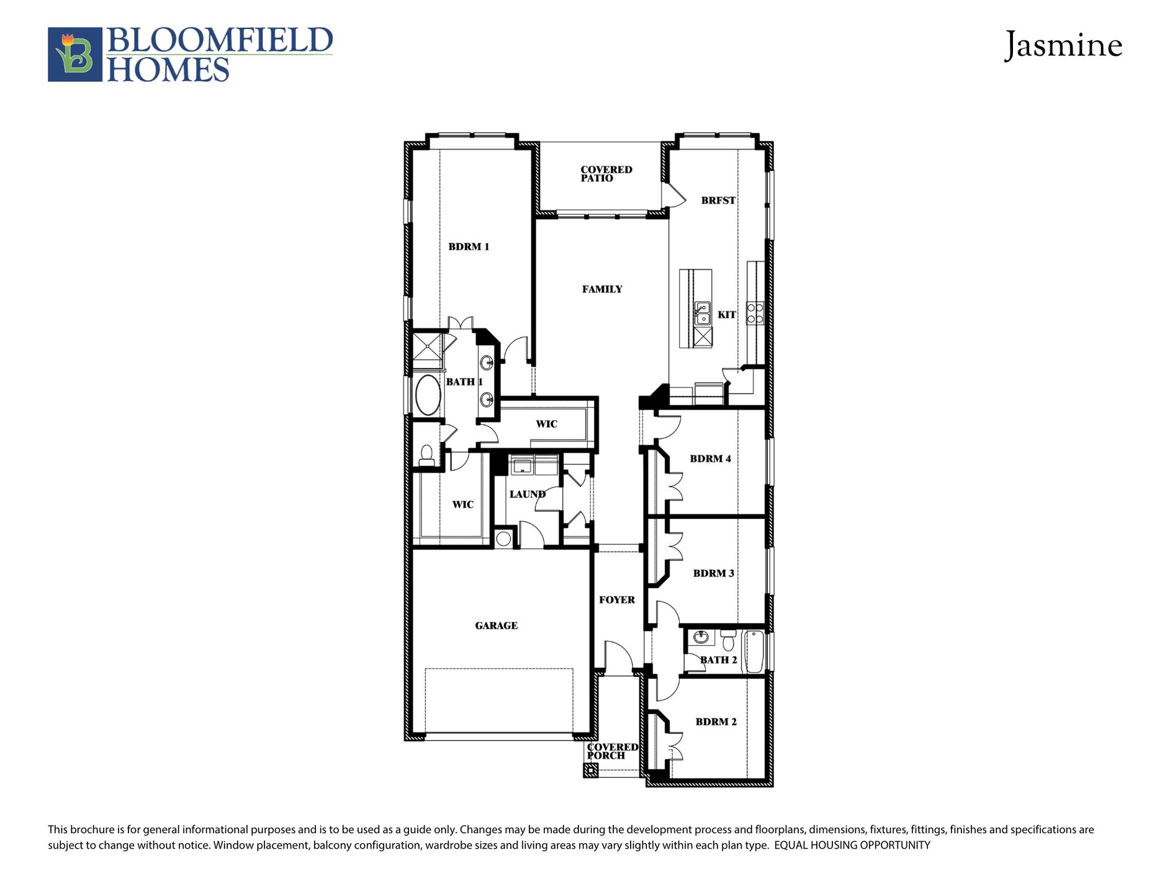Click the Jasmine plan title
point(1063,45)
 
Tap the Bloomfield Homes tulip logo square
point(75,55)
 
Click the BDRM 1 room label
point(469,246)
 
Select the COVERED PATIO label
point(606,174)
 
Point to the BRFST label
point(718,201)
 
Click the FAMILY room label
point(602,289)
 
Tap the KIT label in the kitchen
point(726,315)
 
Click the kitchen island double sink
point(703,314)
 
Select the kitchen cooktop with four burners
point(755,313)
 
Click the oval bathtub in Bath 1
point(428,395)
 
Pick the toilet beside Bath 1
point(426,454)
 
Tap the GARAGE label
point(496,626)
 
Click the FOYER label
point(616,600)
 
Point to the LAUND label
point(527,494)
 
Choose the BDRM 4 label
point(710,459)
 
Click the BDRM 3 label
point(713,573)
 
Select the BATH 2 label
point(719,660)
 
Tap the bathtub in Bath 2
point(754,651)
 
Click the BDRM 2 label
point(716,722)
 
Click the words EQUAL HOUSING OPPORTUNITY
point(852,845)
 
